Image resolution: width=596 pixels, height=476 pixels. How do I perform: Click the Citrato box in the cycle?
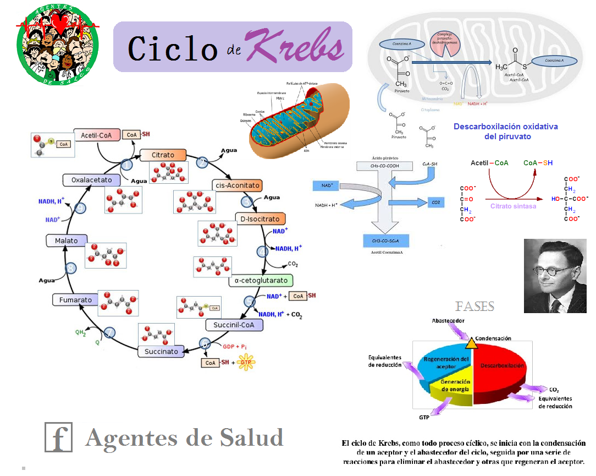(x=163, y=155)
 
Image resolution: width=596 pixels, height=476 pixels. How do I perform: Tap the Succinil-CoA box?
(x=234, y=325)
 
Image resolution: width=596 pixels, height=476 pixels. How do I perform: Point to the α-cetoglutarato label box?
(x=261, y=281)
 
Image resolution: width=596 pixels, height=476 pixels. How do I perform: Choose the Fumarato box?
(x=76, y=300)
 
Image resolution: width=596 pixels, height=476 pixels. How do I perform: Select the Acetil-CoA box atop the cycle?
(x=97, y=135)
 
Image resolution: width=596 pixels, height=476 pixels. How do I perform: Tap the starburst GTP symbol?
(x=246, y=364)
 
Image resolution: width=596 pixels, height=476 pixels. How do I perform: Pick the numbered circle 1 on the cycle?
(x=127, y=165)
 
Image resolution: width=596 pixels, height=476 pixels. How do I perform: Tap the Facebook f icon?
(x=58, y=438)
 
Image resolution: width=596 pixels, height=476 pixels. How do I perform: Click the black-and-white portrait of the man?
(x=555, y=276)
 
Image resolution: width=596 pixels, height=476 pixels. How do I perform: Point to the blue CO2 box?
(x=435, y=203)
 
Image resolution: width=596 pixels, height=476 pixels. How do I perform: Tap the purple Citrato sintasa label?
(x=513, y=206)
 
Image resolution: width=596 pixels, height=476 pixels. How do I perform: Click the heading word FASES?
(x=474, y=307)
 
